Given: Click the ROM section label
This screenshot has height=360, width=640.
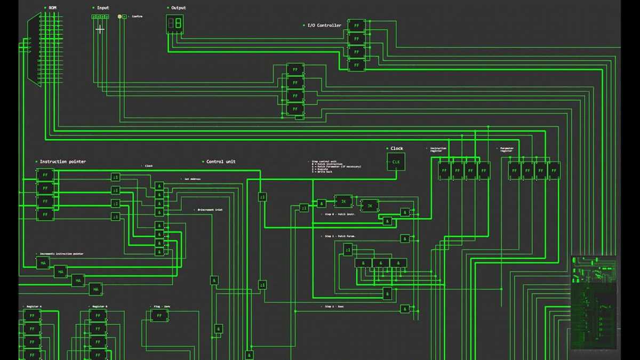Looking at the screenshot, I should [x=52, y=8].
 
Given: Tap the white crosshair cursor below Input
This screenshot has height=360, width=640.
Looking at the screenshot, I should [x=100, y=29].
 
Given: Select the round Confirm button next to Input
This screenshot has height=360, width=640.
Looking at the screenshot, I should [x=119, y=17].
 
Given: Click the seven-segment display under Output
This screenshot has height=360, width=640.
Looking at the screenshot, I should [x=175, y=23].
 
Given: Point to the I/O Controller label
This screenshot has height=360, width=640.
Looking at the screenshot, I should [x=324, y=26].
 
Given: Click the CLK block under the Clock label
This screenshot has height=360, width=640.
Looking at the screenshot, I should [x=396, y=162].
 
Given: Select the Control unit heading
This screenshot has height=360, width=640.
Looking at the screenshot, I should [x=220, y=162].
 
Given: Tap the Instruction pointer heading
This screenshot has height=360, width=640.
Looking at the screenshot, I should [x=62, y=162].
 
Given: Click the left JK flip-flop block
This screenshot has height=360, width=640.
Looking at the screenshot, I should [x=343, y=202].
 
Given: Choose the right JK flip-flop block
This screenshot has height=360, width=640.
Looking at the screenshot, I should [x=370, y=206].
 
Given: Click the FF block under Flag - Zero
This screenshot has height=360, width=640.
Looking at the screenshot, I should [x=159, y=316].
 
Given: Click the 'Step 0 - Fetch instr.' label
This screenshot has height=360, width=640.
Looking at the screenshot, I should [x=339, y=214].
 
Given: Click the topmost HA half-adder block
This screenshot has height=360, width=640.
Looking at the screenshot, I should [x=43, y=263].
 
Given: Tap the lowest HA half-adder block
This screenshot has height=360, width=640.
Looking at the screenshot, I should [x=95, y=290].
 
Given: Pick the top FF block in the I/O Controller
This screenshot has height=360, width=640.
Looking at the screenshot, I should [x=356, y=26].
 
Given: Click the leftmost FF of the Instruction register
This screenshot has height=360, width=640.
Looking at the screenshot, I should [x=444, y=171].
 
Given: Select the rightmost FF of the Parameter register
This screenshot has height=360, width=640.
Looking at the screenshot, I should [x=554, y=171].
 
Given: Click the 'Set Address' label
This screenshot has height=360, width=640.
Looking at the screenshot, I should [x=192, y=179].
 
